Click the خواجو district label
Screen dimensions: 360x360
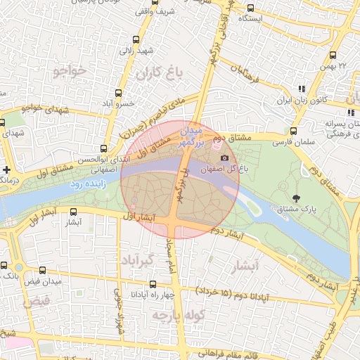point(68,71)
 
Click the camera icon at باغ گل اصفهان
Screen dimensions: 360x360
point(225,157)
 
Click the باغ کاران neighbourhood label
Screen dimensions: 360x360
point(160,72)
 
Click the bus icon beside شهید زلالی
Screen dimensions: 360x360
point(135,39)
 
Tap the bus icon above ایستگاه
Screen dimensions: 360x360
point(251,8)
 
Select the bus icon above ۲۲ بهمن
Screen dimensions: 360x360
point(333,56)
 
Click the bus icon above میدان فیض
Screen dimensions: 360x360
point(42,271)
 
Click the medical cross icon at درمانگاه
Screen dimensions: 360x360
point(7,169)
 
